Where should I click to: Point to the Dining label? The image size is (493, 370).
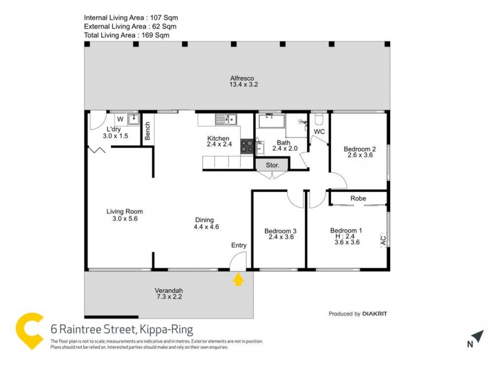pyautogui.click(x=204, y=220)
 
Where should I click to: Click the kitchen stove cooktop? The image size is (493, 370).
pyautogui.click(x=246, y=146)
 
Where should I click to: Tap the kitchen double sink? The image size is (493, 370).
pyautogui.click(x=226, y=120)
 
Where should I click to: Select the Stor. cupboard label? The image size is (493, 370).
pyautogui.click(x=272, y=165)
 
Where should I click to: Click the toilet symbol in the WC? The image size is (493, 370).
pyautogui.click(x=319, y=118)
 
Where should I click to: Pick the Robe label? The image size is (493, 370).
pyautogui.click(x=358, y=199)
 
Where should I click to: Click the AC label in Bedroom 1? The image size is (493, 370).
pyautogui.click(x=383, y=239)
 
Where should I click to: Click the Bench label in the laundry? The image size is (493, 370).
pyautogui.click(x=147, y=131)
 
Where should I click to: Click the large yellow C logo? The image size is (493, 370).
pyautogui.click(x=31, y=332)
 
